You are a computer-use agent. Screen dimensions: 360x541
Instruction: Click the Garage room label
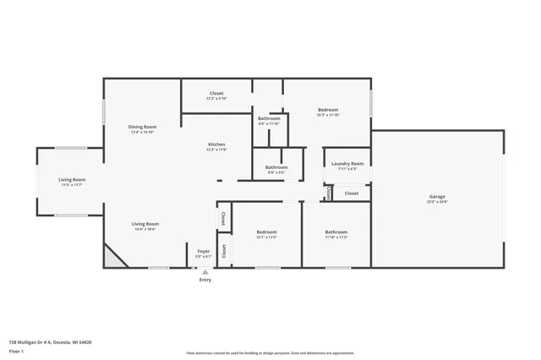[436, 197]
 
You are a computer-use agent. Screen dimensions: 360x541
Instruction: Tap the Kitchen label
[217, 145]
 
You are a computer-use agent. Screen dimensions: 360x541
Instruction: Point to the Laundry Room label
[347, 163]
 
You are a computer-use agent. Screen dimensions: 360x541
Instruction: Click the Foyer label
[204, 251]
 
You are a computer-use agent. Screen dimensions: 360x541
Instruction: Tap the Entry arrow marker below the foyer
[205, 272]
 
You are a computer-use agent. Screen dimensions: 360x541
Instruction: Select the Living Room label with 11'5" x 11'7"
[72, 179]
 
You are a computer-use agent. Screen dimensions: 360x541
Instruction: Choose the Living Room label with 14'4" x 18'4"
[145, 224]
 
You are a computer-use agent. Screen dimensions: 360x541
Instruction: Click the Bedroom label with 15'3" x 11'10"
[328, 110]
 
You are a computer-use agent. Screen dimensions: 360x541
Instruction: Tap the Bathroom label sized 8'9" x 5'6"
[276, 167]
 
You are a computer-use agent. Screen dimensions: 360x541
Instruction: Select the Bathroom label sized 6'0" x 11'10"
[269, 118]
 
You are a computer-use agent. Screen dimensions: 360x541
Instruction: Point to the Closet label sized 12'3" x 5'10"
[216, 94]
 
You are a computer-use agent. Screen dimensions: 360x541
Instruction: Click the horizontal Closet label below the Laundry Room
[352, 193]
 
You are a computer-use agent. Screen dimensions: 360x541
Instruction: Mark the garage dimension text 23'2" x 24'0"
[436, 202]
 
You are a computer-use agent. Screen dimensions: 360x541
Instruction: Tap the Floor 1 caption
[16, 350]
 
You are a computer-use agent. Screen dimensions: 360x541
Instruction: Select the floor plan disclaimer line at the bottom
[270, 353]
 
